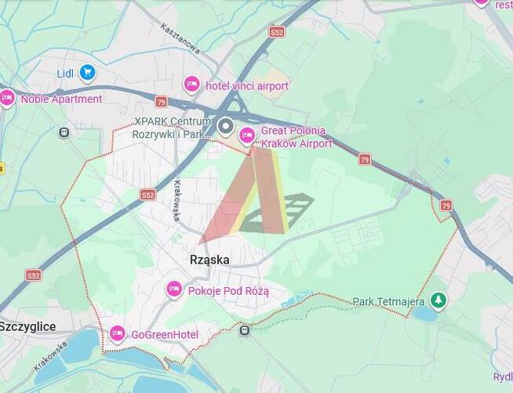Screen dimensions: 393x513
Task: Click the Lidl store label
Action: click(x=65, y=74)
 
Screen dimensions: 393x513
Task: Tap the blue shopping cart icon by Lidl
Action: click(x=87, y=74)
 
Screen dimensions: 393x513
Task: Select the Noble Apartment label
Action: click(x=61, y=99)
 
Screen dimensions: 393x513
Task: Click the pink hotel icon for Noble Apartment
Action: click(x=7, y=98)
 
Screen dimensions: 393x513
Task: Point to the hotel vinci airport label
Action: click(x=246, y=86)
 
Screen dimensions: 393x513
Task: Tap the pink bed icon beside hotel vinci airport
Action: click(x=191, y=84)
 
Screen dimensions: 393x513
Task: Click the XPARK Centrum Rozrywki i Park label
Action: click(x=172, y=128)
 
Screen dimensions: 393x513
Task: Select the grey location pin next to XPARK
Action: click(x=226, y=126)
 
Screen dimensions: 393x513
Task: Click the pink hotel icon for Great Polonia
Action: click(x=247, y=136)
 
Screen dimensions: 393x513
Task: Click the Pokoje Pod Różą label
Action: click(x=228, y=291)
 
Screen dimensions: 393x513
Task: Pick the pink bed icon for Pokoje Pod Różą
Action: click(x=174, y=289)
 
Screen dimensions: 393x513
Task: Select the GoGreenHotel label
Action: click(x=165, y=335)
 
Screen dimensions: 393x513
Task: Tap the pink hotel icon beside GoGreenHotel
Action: click(x=117, y=334)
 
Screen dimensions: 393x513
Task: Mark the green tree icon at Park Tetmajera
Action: click(x=438, y=300)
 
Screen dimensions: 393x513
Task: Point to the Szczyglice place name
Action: click(x=27, y=326)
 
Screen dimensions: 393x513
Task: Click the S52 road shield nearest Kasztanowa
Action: click(x=276, y=32)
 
